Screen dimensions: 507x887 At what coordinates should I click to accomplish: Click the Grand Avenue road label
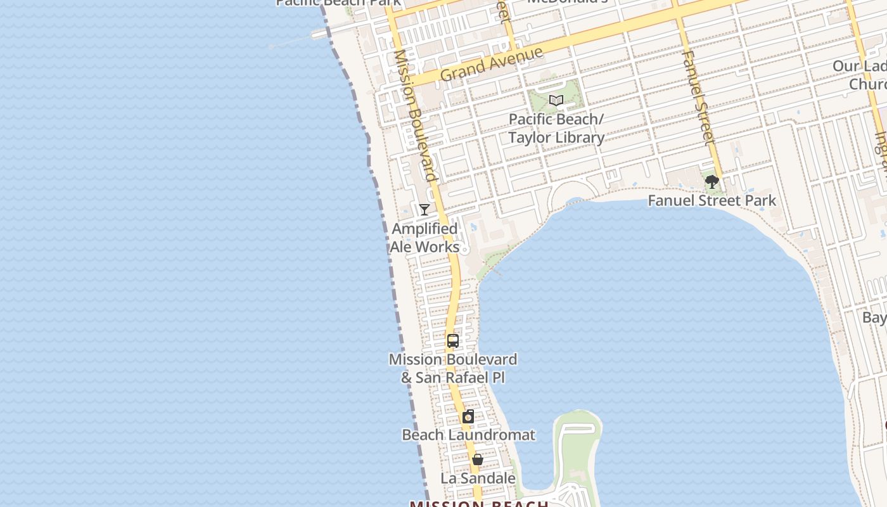(492, 64)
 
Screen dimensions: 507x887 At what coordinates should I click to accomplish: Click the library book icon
(556, 101)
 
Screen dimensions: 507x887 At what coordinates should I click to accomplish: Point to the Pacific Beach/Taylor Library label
(556, 129)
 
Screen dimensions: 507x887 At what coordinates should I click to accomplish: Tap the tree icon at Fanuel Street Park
(712, 183)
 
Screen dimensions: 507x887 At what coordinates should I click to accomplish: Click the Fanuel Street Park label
(712, 201)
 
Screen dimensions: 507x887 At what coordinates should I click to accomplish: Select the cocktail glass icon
(424, 210)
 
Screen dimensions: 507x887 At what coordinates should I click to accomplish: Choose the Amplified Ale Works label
(424, 238)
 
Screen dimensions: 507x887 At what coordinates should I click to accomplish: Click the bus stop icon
(453, 341)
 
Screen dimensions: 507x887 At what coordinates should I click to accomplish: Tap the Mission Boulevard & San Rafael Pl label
(453, 368)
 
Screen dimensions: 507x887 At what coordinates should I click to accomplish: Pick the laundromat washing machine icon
(468, 416)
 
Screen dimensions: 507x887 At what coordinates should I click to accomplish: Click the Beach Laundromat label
(468, 435)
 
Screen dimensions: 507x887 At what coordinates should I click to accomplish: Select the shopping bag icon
(478, 459)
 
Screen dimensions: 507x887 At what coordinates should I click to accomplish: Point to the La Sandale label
(478, 478)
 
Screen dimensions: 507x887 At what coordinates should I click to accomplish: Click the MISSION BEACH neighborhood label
(479, 503)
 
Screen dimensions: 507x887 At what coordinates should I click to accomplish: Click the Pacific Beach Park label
(338, 3)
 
